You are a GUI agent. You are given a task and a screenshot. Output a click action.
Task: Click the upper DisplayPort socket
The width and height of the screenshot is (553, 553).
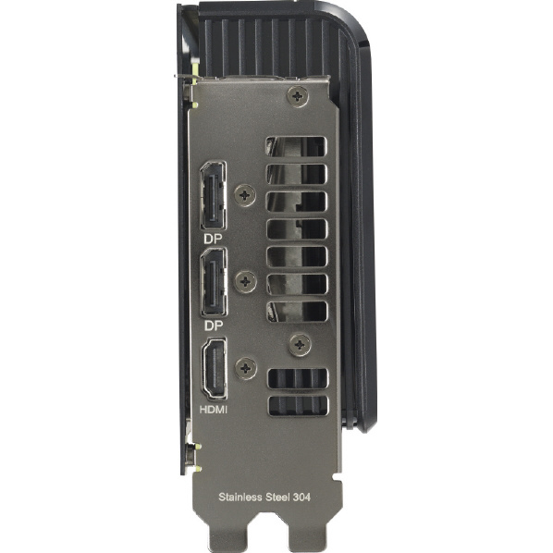click(214, 195)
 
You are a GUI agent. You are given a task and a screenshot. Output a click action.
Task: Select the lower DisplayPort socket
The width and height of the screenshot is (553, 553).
click(214, 282)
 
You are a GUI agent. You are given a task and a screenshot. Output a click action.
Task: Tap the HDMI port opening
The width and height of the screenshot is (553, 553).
click(214, 369)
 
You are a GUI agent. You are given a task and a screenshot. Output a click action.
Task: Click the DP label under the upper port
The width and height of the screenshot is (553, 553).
click(213, 240)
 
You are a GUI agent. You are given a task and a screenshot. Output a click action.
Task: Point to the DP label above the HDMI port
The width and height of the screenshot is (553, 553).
click(214, 326)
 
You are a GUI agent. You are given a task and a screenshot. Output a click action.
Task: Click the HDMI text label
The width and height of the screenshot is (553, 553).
click(214, 410)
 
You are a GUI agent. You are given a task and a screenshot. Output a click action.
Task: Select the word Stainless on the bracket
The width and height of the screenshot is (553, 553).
click(240, 497)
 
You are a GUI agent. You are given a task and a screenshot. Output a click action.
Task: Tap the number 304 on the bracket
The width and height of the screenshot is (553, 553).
click(301, 498)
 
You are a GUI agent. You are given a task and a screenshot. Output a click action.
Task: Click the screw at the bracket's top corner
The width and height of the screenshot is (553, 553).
click(298, 96)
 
